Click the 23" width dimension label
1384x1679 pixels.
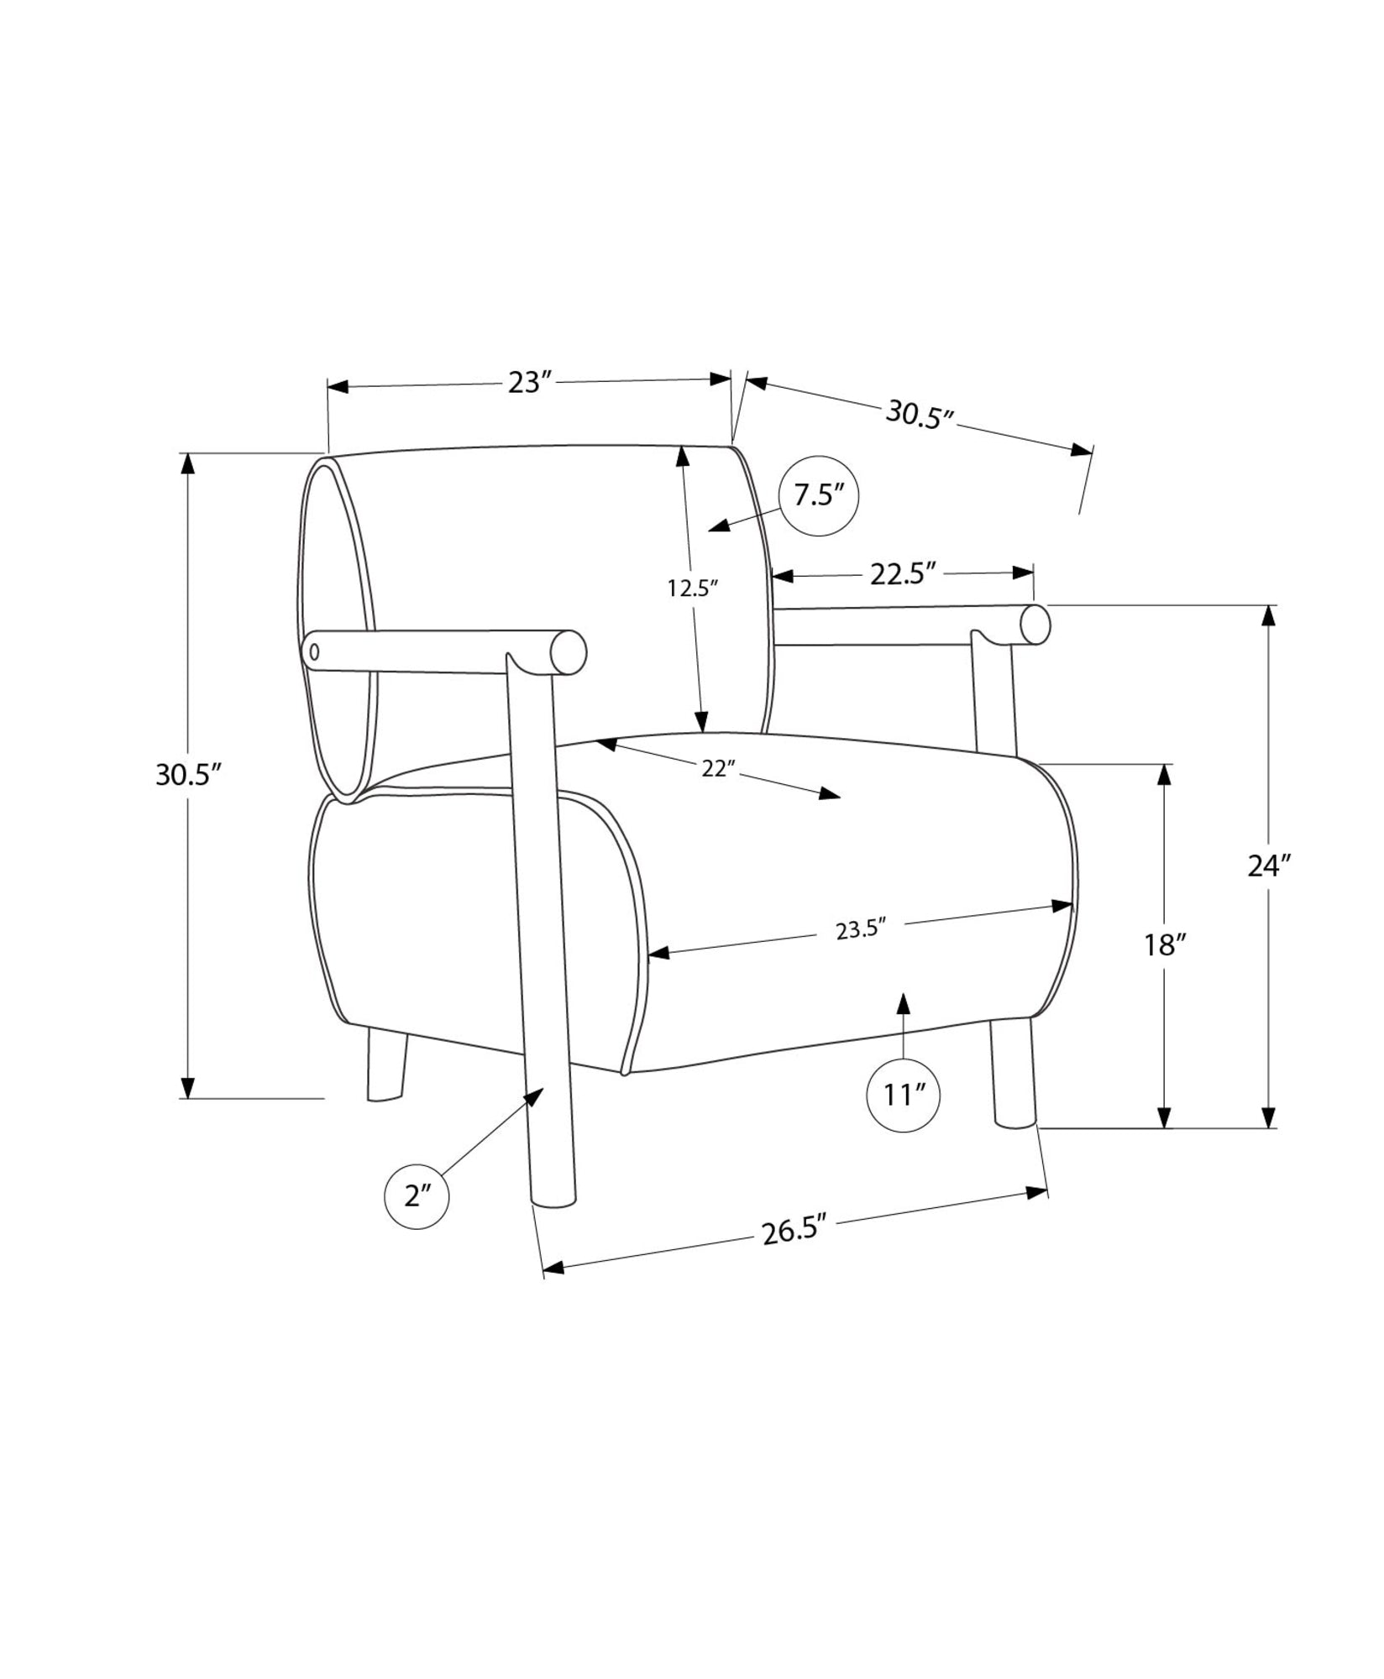pyautogui.click(x=529, y=382)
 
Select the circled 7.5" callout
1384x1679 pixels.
pyautogui.click(x=819, y=496)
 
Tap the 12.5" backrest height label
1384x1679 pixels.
pyautogui.click(x=694, y=588)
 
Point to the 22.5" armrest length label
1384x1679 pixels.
pyautogui.click(x=903, y=574)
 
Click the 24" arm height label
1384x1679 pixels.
pyautogui.click(x=1268, y=866)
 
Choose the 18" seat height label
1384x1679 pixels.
pyautogui.click(x=1164, y=946)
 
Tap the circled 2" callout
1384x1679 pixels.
pyautogui.click(x=417, y=1196)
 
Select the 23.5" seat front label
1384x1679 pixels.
pyautogui.click(x=862, y=929)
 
